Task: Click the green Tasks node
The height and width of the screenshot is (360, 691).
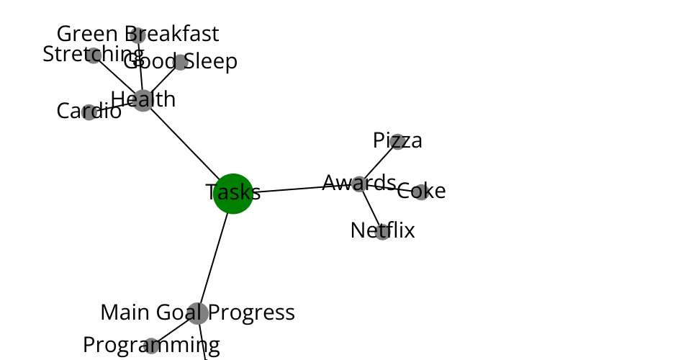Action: point(233,194)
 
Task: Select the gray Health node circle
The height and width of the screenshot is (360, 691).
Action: point(143,101)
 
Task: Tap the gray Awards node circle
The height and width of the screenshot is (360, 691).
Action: point(360,184)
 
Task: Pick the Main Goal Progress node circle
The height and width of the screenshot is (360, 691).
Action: point(198,313)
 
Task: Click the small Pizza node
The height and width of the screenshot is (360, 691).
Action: point(397,142)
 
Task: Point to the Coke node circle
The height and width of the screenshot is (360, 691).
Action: point(421,192)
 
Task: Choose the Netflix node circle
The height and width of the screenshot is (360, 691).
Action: point(382,232)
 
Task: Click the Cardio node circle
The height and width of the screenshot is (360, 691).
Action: point(89,112)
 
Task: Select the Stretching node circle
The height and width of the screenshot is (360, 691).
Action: point(94,55)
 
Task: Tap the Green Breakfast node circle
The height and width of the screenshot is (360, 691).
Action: point(138,35)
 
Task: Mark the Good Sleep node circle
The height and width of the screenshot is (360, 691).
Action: point(181,62)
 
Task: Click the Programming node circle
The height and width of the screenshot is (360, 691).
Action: point(151,346)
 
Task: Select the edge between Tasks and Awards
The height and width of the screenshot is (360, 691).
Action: point(303,189)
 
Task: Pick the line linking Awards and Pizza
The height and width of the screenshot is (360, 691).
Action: point(379,163)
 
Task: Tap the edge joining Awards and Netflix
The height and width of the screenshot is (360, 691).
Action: point(371,207)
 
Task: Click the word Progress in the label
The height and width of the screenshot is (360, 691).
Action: point(251,313)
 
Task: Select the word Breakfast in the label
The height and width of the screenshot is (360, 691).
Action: point(172,34)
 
